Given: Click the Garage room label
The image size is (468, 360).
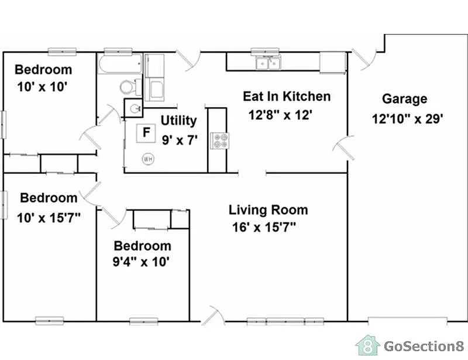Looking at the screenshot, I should coord(404,100).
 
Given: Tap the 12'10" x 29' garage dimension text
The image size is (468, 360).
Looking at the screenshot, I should coord(407,119).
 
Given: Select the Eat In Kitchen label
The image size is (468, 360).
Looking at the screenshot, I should coord(287,97).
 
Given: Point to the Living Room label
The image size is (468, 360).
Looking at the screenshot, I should coord(268,210).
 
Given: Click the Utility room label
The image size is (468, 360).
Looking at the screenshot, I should coord(178,121).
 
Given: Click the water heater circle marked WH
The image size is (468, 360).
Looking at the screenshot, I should coord(147,158).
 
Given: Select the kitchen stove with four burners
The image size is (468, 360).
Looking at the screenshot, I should coord(221,140).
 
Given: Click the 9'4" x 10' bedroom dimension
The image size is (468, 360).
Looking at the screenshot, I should coord(142,262).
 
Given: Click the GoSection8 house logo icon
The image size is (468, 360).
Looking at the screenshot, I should coord(367,345).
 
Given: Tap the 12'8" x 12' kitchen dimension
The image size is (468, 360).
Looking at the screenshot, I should coord(282,115).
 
